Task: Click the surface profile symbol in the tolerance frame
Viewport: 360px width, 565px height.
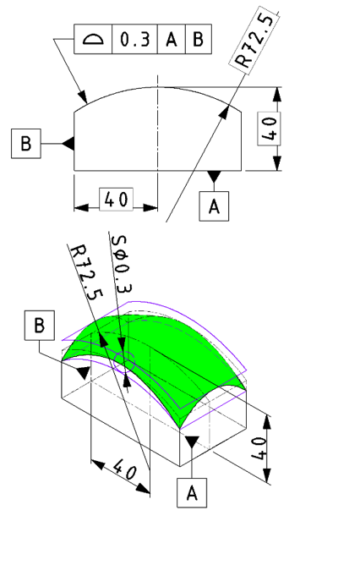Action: click(x=93, y=39)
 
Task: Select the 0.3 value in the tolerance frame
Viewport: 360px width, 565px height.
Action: click(x=134, y=39)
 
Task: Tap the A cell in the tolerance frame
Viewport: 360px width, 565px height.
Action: click(x=172, y=39)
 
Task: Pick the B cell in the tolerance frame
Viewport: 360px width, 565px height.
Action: click(x=199, y=39)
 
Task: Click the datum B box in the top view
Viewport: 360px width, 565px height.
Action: click(x=26, y=144)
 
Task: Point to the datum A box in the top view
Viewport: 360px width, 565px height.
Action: click(x=214, y=206)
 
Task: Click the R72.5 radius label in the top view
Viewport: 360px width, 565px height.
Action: click(x=255, y=41)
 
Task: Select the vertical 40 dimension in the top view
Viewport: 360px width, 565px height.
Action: click(x=269, y=129)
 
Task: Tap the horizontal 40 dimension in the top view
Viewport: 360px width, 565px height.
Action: click(x=116, y=199)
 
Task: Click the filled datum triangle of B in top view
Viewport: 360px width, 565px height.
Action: click(x=69, y=144)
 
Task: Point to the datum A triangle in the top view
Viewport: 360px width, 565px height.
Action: click(x=214, y=176)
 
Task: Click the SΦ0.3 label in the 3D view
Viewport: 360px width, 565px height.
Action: click(x=122, y=264)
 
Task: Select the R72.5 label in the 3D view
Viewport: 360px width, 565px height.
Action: click(x=85, y=272)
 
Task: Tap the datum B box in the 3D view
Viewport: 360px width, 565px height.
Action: click(x=40, y=326)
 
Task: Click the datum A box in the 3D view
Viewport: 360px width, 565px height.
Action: click(x=192, y=493)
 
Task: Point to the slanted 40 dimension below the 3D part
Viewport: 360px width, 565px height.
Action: click(x=125, y=469)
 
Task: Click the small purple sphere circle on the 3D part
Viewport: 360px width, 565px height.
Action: click(x=124, y=362)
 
